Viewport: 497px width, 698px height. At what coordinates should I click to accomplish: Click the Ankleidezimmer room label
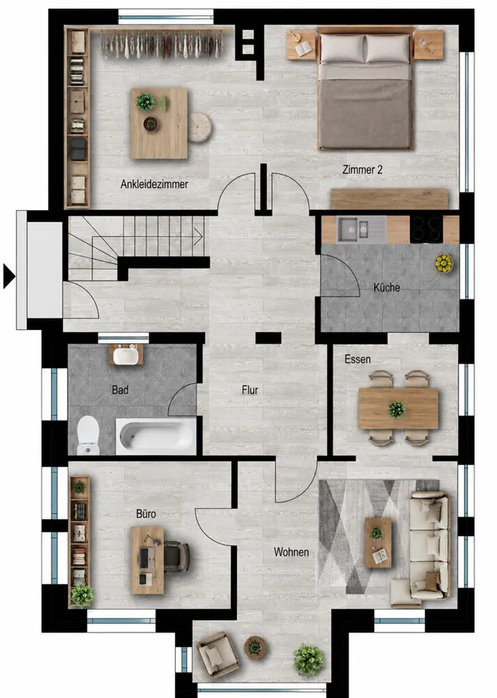click(154, 184)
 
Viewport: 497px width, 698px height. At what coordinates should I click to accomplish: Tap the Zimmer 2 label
click(362, 169)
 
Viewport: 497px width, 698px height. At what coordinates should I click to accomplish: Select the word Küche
click(387, 288)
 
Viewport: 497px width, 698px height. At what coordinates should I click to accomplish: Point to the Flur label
click(250, 390)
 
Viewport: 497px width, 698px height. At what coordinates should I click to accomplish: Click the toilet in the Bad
click(88, 435)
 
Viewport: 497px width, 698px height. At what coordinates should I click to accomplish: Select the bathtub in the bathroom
click(155, 436)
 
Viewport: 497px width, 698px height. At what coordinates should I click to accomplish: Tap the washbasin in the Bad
click(126, 354)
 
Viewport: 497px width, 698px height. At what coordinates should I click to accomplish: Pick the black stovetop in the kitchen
click(427, 229)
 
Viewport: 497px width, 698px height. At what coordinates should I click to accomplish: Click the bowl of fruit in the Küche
click(444, 263)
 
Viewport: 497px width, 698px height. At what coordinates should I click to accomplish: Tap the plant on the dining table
click(397, 409)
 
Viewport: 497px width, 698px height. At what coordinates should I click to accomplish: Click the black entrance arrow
click(9, 276)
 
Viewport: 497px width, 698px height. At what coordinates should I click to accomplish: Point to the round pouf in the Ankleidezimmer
click(199, 128)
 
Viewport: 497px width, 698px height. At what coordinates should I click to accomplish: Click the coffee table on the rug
click(379, 542)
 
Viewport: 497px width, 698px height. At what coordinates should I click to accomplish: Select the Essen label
click(357, 359)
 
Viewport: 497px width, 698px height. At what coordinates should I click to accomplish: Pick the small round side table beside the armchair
click(255, 647)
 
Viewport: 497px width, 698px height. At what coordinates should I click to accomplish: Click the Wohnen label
click(291, 552)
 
